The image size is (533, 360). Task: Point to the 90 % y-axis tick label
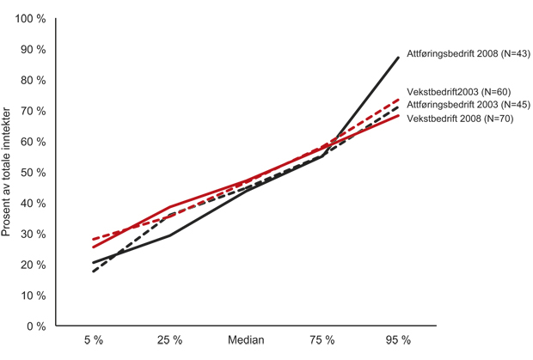coord(32,49)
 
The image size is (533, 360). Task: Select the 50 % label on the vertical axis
coord(32,173)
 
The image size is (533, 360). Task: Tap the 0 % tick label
coord(35,326)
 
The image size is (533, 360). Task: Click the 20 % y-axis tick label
coord(32,265)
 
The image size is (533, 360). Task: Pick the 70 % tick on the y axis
coord(32,111)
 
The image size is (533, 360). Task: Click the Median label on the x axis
coord(246,340)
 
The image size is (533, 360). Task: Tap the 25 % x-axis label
coord(169,340)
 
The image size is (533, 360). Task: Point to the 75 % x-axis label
coord(322,340)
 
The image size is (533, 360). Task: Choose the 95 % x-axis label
coord(399,340)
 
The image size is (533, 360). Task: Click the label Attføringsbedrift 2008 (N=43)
coord(468,54)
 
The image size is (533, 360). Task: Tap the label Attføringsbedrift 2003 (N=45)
coord(468,105)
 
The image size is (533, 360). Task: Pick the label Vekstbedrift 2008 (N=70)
coord(459,119)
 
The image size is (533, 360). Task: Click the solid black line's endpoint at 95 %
coord(399,58)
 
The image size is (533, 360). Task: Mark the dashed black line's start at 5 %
coord(93,272)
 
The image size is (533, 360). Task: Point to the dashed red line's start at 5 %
coord(93,240)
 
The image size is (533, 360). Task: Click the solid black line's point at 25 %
coord(169,235)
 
